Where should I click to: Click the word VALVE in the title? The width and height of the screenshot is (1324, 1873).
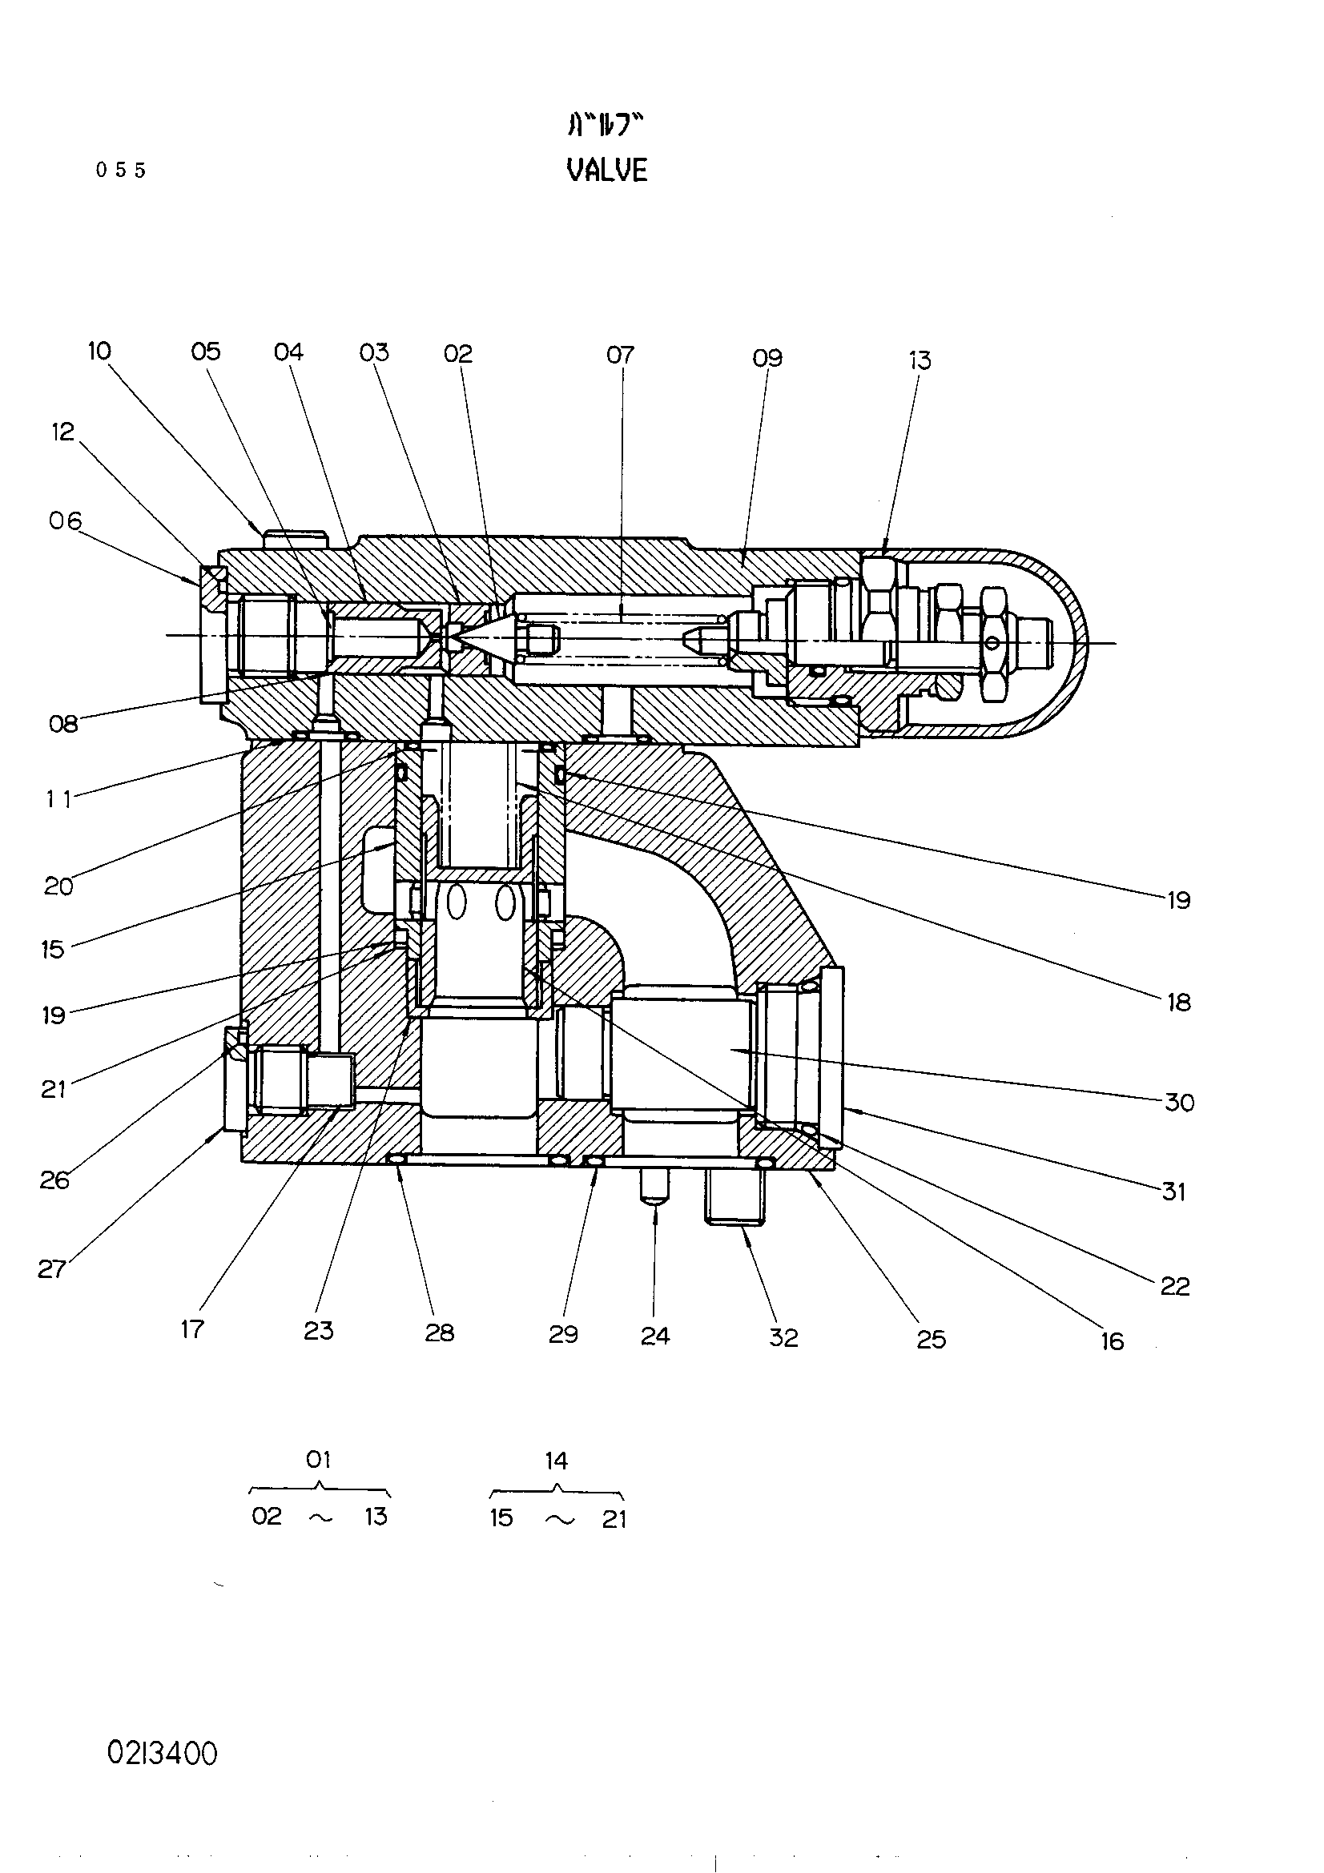pos(607,170)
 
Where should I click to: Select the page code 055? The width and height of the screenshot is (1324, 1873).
pos(121,170)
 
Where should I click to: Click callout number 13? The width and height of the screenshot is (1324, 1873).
pos(920,360)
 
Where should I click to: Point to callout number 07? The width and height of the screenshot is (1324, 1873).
pos(620,355)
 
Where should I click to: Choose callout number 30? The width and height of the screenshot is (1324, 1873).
pos(1179,1102)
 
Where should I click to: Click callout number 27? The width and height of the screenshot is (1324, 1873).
pos(51,1268)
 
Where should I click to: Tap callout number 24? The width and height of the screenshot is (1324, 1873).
pos(655,1336)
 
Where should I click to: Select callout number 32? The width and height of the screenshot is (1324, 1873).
pos(783,1337)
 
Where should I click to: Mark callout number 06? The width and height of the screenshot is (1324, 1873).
pos(65,521)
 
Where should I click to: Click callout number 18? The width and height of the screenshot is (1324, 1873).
pos(1179,1002)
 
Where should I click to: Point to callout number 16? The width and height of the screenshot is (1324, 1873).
pos(1112,1341)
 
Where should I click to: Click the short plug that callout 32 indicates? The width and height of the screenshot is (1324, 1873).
pos(736,1196)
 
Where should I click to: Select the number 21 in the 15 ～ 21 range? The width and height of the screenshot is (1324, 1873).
pos(614,1519)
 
